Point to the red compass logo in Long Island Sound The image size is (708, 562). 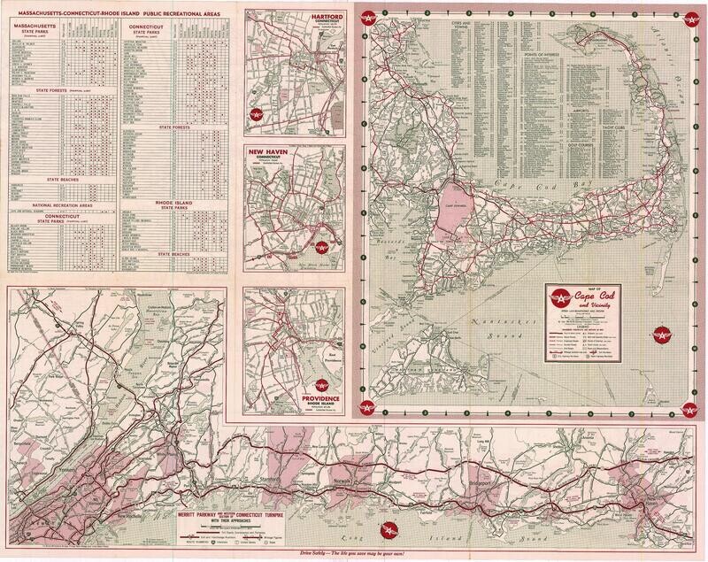click(387, 530)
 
